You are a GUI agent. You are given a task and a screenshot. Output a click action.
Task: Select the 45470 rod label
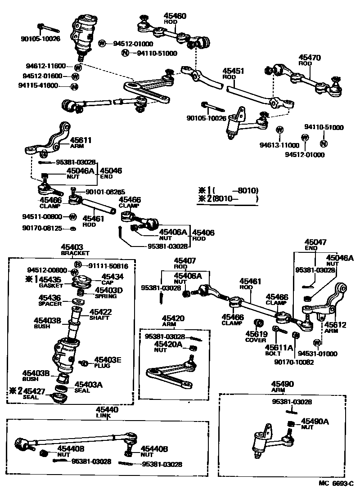[310, 58]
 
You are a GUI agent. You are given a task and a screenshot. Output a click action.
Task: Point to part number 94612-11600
[48, 66]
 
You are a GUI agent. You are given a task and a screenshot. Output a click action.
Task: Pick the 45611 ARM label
[81, 140]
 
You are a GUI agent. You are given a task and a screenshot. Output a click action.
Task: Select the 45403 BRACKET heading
[72, 247]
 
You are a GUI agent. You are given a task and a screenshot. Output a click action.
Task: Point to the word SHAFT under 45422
[100, 318]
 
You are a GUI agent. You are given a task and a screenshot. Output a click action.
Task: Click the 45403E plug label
[107, 360]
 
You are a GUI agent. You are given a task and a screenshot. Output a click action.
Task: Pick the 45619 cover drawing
[259, 323]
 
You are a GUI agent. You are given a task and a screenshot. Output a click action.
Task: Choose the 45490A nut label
[315, 421]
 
